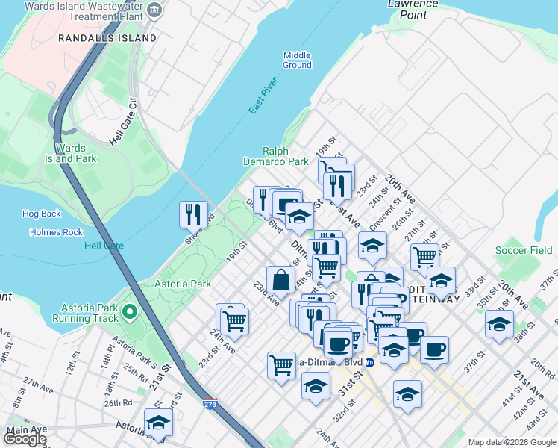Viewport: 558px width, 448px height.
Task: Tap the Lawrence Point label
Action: point(413,8)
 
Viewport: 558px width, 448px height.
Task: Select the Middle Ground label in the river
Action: point(297,60)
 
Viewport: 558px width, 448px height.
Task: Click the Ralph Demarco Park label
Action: point(275,156)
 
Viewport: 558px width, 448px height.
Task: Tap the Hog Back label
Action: point(40,214)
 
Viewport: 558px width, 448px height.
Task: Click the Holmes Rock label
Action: point(56,232)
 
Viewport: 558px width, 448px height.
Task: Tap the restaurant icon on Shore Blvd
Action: point(193,214)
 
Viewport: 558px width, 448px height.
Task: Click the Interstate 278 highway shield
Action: point(210,404)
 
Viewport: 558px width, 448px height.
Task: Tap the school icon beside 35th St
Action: point(499,323)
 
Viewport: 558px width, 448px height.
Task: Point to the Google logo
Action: point(25,439)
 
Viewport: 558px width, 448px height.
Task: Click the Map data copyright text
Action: point(511,442)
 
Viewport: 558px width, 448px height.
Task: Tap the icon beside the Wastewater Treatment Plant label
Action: point(154,10)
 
